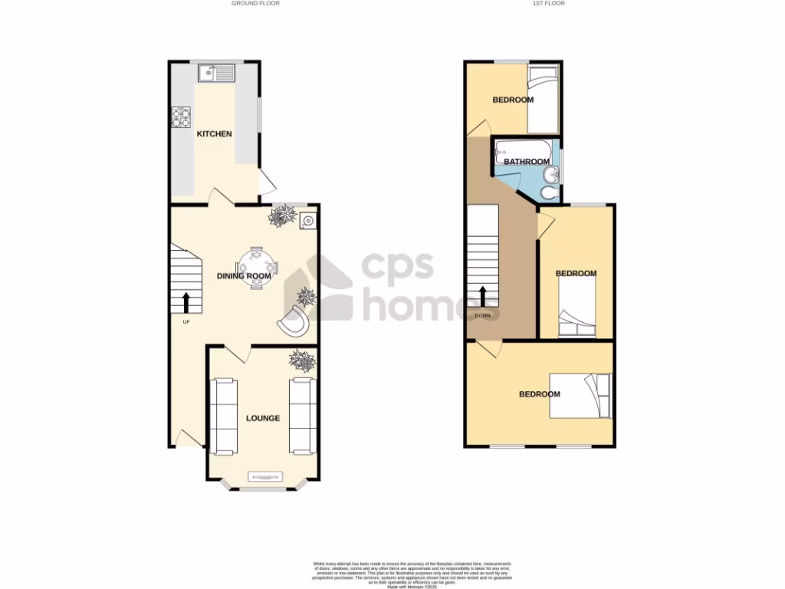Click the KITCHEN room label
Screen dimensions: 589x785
pos(215,134)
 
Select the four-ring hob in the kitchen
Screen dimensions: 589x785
pos(181,117)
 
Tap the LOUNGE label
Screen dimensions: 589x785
pos(262,419)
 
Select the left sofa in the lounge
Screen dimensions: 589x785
pos(225,415)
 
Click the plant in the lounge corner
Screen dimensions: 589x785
pos(301,361)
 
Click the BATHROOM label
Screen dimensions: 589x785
pos(527,162)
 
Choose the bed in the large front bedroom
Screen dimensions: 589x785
pos(581,396)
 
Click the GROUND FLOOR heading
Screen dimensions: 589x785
pos(255,3)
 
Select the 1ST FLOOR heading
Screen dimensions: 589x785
pos(548,3)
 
